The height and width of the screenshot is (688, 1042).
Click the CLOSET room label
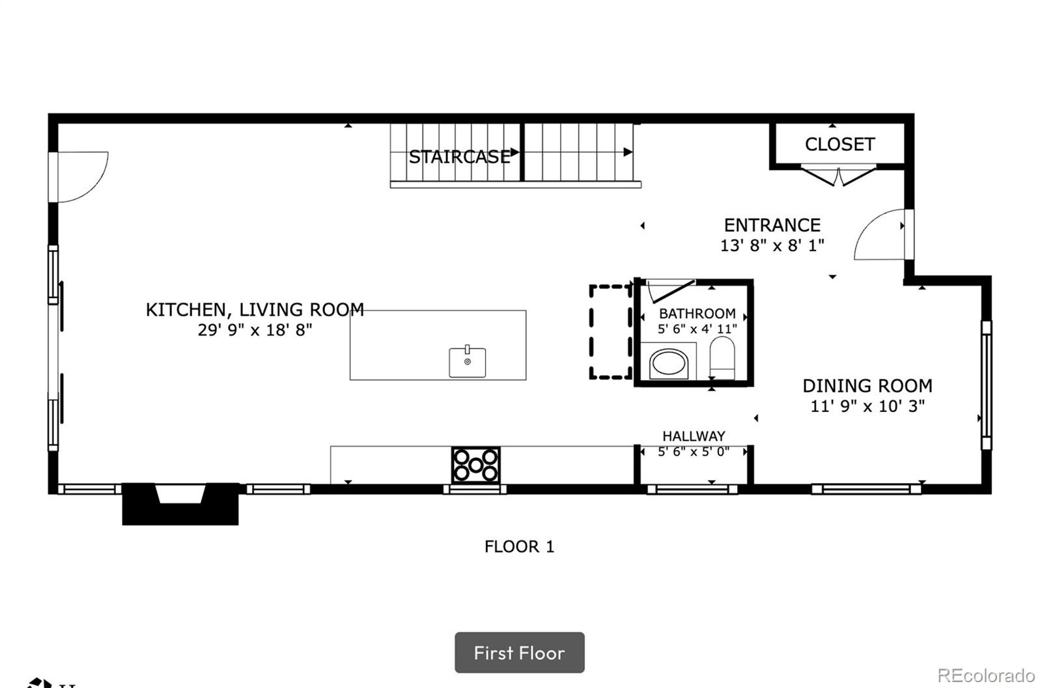(839, 144)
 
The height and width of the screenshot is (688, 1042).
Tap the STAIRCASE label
(459, 157)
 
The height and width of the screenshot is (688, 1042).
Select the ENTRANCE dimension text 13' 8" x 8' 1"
(772, 245)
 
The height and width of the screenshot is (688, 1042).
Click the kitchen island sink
(467, 361)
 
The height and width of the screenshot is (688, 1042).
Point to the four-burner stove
(475, 465)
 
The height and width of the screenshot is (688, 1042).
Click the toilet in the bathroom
(722, 358)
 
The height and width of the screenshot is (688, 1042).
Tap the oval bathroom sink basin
(668, 363)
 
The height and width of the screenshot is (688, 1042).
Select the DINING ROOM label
(867, 386)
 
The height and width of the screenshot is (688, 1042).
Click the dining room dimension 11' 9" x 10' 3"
(867, 406)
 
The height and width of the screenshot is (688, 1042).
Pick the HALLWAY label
(694, 436)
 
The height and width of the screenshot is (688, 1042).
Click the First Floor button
(520, 652)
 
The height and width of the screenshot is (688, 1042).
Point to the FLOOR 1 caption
(519, 547)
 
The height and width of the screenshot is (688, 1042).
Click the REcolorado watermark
(986, 675)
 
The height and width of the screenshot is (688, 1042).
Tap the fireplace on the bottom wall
(180, 504)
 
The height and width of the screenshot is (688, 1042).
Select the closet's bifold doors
(838, 175)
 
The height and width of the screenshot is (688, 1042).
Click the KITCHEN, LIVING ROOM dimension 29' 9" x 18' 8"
(255, 329)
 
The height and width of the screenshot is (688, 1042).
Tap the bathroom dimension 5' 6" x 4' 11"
(697, 329)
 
